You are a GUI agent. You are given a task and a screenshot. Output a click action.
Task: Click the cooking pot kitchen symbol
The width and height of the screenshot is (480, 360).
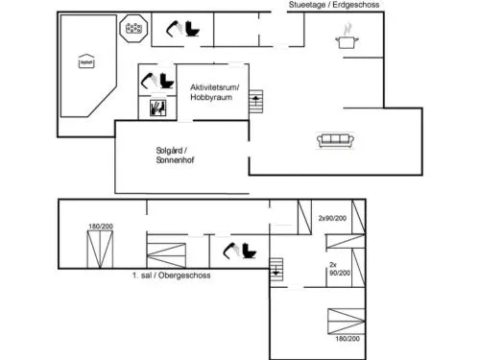(347, 37)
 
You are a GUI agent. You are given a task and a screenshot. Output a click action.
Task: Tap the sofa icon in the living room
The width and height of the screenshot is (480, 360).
(335, 140)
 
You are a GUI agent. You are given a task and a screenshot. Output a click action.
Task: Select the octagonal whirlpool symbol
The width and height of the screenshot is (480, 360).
(133, 29)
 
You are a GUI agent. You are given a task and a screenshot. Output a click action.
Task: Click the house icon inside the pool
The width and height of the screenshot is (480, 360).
(86, 61)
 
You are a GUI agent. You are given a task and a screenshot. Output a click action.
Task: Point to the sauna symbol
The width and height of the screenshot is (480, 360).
(158, 108)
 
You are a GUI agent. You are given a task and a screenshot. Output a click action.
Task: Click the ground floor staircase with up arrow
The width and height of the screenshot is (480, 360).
(256, 101)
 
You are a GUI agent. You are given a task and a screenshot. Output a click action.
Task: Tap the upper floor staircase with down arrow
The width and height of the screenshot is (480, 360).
(276, 270)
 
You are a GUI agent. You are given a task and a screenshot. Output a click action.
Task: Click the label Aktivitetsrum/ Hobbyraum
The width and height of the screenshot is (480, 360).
(214, 92)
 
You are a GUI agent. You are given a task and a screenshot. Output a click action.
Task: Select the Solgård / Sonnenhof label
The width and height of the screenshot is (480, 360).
(175, 156)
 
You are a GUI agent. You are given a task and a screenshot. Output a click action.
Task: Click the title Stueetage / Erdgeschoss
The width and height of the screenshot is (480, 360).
(334, 5)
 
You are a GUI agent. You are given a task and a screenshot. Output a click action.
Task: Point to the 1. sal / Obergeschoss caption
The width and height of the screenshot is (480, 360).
(172, 276)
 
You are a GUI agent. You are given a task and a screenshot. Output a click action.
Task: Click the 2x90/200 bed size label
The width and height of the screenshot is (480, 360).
(332, 218)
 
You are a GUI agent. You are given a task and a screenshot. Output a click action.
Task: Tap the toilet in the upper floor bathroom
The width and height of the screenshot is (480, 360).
(249, 251)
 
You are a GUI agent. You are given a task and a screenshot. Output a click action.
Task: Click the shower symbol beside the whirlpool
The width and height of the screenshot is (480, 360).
(175, 29)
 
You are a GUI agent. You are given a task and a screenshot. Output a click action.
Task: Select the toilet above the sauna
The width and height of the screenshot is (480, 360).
(167, 82)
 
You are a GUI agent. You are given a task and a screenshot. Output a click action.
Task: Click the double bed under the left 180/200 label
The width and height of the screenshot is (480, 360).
(100, 250)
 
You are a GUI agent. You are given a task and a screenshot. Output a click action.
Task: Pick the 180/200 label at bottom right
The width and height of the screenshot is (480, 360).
(348, 339)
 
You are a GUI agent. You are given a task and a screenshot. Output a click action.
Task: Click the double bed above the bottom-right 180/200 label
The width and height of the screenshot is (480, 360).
(347, 322)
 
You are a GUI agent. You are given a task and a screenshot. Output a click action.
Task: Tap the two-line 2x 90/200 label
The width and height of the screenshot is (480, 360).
(340, 269)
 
